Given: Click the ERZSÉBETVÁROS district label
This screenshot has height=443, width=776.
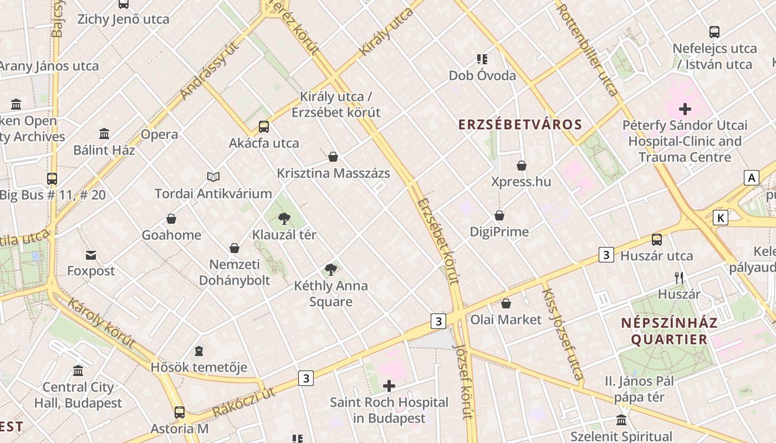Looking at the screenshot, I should [x=520, y=124].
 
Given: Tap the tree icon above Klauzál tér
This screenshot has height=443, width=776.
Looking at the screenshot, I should [x=284, y=218].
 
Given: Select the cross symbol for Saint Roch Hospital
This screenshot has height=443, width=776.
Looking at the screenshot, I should [x=389, y=386].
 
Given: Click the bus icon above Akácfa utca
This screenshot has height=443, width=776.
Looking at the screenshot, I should [x=264, y=126].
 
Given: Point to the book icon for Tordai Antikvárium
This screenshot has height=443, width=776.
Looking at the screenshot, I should [x=213, y=177].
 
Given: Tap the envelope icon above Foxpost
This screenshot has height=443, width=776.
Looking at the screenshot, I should [x=91, y=255].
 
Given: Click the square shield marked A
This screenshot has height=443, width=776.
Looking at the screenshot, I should [x=751, y=178].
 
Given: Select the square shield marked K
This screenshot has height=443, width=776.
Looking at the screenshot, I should [x=720, y=218].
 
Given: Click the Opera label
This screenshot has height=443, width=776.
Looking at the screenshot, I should [x=159, y=134].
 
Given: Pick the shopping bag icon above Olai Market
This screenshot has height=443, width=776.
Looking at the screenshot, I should [x=506, y=303].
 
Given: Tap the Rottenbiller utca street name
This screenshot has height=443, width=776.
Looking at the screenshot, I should [x=587, y=49].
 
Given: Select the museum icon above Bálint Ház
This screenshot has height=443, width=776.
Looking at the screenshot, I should [x=104, y=133].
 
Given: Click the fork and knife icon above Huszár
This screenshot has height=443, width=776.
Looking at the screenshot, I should [x=679, y=277].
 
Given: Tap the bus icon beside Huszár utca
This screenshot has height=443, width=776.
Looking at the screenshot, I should [x=657, y=239].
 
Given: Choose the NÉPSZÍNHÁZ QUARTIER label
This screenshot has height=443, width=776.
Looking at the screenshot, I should [x=669, y=331].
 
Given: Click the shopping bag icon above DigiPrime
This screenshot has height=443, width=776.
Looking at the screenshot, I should [x=499, y=215].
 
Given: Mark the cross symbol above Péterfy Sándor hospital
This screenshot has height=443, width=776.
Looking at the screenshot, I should [x=685, y=109].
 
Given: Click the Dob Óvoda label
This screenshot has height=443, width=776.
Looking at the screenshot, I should [x=482, y=75].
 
